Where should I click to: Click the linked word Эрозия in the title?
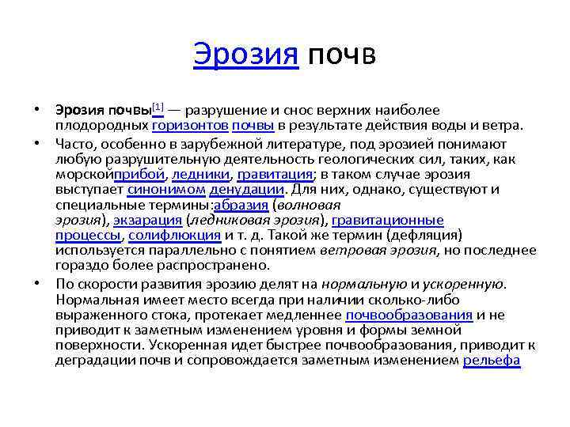[245, 55]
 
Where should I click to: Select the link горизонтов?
[191, 125]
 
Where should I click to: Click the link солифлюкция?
[174, 235]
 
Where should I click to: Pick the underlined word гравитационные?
[388, 220]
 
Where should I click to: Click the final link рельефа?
[492, 360]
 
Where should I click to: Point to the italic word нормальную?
[364, 283]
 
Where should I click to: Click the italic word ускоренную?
[463, 283]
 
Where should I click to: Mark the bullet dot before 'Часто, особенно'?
[39, 143]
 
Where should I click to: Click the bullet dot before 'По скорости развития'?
[39, 283]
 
